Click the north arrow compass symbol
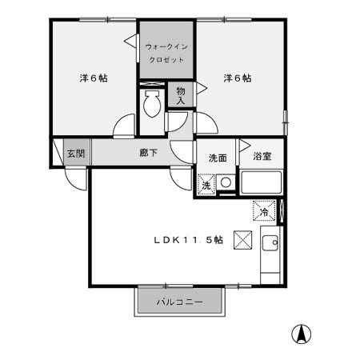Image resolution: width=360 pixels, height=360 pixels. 303,334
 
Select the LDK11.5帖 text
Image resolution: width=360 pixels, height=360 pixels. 189,239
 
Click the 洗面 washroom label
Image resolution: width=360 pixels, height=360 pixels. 218,157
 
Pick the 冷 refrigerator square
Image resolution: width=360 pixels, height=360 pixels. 264,211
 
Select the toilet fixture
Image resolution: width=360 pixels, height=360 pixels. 150,103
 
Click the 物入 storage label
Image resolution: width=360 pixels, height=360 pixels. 181,96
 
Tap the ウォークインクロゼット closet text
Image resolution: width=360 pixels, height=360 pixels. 166,54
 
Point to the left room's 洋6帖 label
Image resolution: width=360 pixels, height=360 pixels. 94,78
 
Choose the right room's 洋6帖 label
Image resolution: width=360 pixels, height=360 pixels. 237,78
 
